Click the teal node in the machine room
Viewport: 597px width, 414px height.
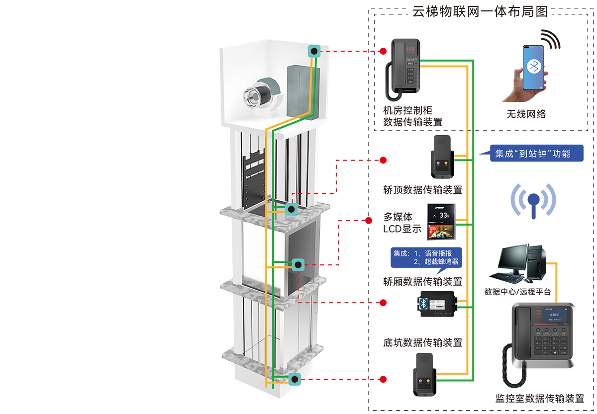tap(314, 51)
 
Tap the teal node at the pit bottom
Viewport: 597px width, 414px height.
tap(295, 380)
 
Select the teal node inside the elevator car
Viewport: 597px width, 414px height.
tap(298, 265)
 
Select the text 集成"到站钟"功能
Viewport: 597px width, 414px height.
tap(532, 154)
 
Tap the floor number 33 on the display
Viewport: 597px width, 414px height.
tap(444, 215)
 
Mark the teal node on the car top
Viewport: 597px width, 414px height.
tap(291, 209)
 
